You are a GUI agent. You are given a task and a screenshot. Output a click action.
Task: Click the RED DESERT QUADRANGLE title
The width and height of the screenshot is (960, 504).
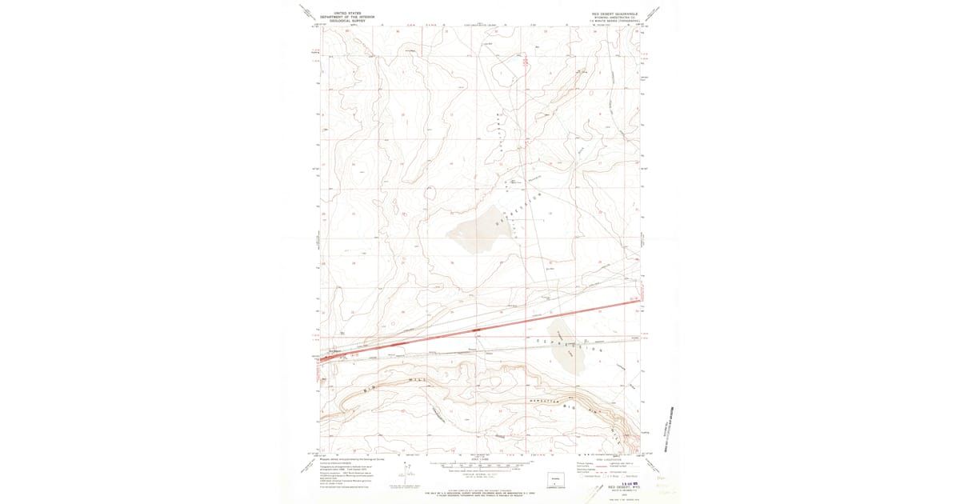[x=614, y=13]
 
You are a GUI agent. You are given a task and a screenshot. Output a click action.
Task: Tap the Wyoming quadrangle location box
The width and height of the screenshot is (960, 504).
[x=554, y=482]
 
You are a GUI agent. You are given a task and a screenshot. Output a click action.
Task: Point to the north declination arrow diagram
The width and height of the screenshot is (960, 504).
[x=397, y=482]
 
